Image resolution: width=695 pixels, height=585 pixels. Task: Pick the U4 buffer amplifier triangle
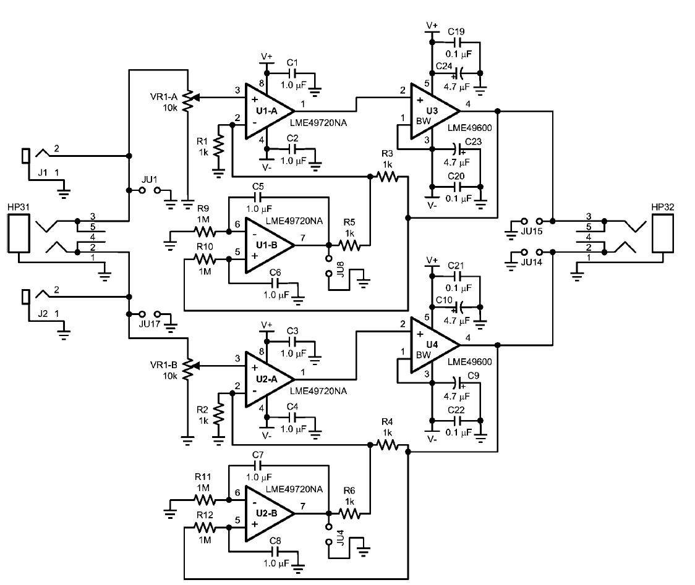[430, 343]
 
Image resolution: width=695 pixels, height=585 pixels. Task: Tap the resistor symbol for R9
[205, 232]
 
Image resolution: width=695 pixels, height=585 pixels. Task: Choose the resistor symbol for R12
[205, 529]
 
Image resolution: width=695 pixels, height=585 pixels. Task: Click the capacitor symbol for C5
[258, 198]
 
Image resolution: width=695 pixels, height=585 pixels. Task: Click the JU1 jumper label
[149, 180]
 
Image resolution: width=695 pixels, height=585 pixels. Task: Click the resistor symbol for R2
[218, 415]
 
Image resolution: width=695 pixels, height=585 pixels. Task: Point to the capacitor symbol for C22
[458, 419]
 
